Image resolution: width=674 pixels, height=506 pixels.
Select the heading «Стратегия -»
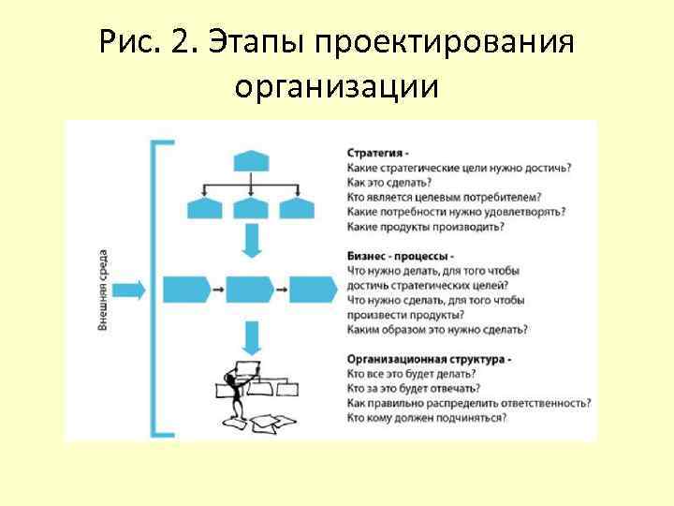tap(377, 152)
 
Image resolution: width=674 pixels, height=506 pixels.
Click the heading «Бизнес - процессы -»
tap(401, 256)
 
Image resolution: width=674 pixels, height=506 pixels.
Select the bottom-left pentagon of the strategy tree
tap(208, 206)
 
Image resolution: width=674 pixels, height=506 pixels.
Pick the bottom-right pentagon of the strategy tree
tap(296, 206)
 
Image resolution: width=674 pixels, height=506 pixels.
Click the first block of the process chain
tap(185, 289)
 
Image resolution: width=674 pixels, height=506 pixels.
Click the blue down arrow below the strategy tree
tap(251, 242)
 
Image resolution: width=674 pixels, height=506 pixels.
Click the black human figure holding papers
tap(234, 394)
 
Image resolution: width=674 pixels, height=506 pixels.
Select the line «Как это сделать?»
tap(385, 182)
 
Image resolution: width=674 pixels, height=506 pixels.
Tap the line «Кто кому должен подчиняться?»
tap(427, 417)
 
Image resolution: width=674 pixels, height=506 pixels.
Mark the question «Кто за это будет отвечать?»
tap(414, 388)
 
